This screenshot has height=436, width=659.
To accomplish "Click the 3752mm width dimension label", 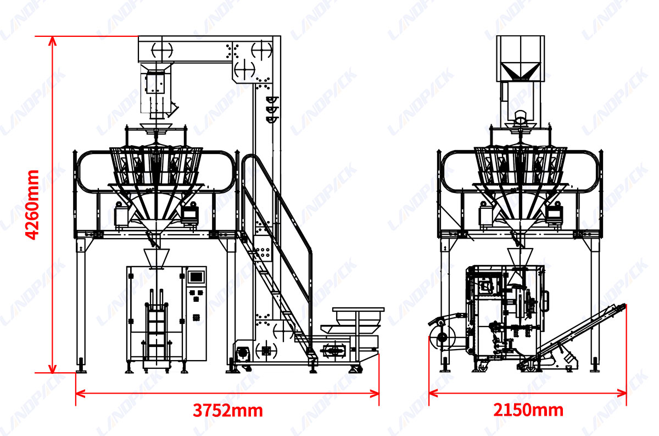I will pos(227,410).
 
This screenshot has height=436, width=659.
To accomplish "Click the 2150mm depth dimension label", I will pos(528,410).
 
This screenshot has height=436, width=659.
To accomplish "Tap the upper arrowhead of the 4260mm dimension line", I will pos(53,40).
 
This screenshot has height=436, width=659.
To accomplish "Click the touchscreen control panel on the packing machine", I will pos(196,277).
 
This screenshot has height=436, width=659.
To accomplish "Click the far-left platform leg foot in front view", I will pos(81,366).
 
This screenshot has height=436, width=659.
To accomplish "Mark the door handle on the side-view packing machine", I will pos(546,300).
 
